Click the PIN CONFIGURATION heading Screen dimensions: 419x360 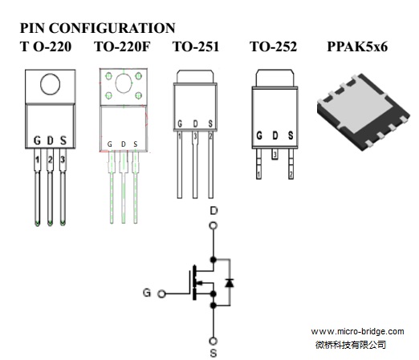point(98,28)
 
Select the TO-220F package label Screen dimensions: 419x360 point(122,47)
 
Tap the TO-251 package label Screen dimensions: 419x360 point(196,47)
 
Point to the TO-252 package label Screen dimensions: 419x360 point(274,47)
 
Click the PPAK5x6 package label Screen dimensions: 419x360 point(357,47)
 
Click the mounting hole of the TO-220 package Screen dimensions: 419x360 point(50,84)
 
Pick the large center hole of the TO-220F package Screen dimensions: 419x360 point(124,83)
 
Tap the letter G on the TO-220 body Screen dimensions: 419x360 point(37,140)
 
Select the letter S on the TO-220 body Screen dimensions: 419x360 point(63,140)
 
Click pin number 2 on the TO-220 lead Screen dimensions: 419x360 point(50,160)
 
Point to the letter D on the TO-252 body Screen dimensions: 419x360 point(275,136)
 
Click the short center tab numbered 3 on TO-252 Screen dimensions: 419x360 point(275,154)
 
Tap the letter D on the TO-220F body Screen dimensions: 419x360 point(124,144)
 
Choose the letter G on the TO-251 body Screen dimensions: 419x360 point(180,123)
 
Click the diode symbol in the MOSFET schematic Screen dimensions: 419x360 point(230,283)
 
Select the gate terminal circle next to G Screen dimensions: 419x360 point(161,294)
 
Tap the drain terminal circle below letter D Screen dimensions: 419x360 point(213,226)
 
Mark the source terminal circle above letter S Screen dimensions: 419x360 point(214,341)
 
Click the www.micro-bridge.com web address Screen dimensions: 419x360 point(357,332)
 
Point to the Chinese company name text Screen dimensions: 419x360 point(351,345)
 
